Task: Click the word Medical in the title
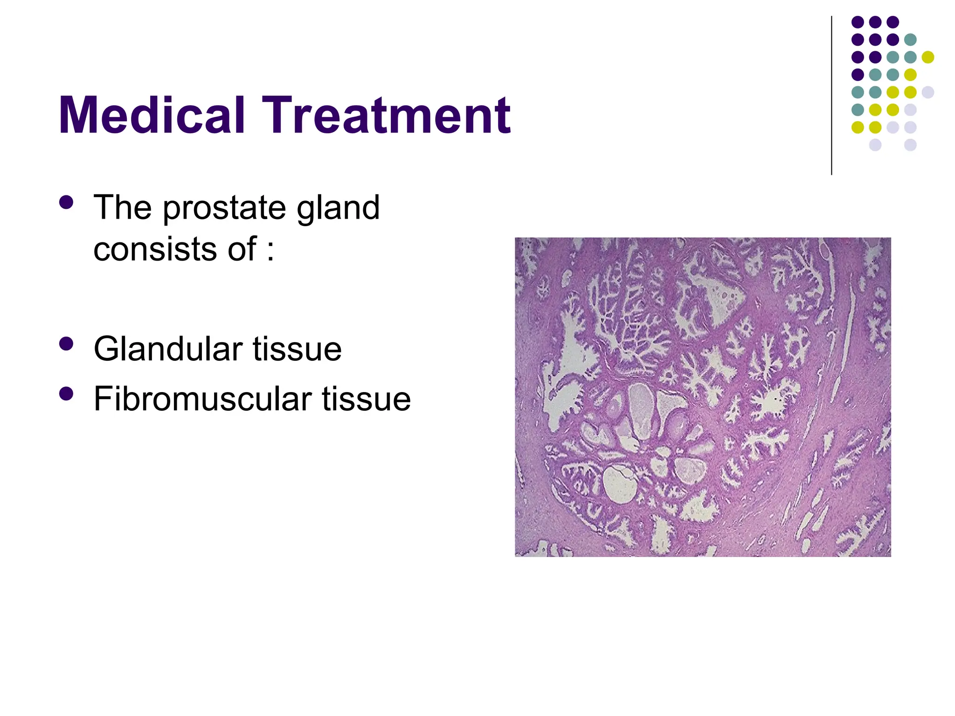tap(152, 115)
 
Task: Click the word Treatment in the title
tap(387, 115)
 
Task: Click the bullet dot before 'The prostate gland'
tap(67, 202)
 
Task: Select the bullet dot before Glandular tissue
tap(67, 344)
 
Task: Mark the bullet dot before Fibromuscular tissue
tap(67, 394)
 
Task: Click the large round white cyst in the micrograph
tap(620, 485)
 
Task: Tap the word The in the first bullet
tap(123, 208)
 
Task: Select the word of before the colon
tap(242, 249)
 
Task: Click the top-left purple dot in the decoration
tap(858, 22)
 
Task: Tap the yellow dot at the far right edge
tap(928, 57)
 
